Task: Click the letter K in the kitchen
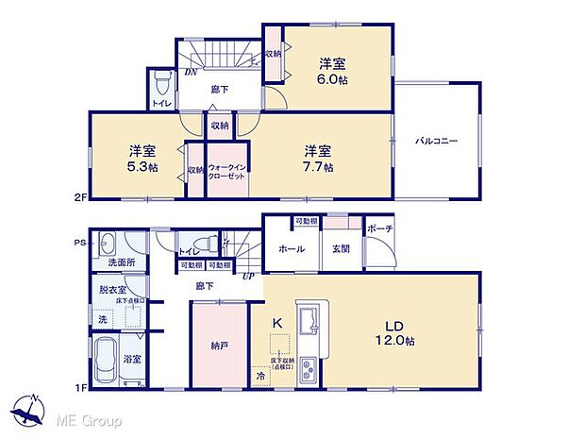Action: coord(277,323)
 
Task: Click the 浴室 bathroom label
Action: coord(134,359)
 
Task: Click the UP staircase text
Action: coord(249,276)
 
